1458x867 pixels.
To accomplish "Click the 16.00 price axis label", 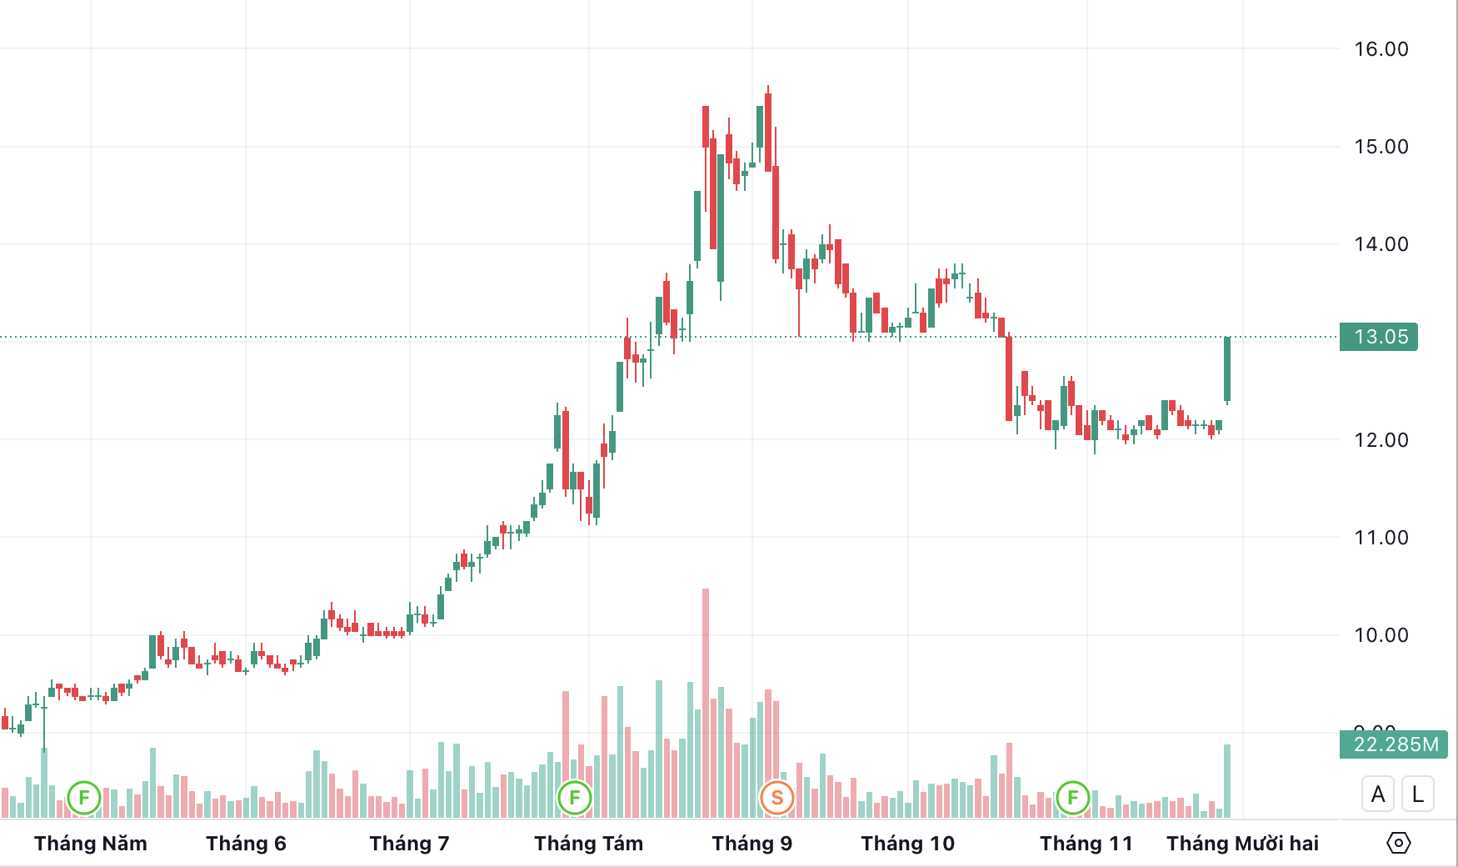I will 1381,49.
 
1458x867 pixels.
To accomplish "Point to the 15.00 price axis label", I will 1381,147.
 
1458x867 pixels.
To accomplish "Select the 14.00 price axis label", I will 1381,244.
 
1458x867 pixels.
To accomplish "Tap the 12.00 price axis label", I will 1381,440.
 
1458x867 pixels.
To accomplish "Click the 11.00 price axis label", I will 1381,538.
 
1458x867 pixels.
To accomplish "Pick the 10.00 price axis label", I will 1381,635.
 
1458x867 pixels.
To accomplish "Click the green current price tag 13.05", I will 1379,337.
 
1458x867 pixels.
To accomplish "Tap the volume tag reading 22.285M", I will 1394,744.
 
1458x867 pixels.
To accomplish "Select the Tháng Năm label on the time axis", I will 91,844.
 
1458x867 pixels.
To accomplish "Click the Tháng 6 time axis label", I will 246,844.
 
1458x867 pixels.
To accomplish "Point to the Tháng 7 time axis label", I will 409,844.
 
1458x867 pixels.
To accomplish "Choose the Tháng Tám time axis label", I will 588,844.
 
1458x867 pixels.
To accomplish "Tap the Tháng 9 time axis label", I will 751,844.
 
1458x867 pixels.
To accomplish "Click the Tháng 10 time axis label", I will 907,844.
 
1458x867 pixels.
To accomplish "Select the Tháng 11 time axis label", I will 1086,844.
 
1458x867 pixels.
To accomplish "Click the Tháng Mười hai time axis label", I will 1242,844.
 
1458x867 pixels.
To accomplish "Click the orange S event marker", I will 776,798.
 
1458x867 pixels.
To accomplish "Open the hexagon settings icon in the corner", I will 1398,843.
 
